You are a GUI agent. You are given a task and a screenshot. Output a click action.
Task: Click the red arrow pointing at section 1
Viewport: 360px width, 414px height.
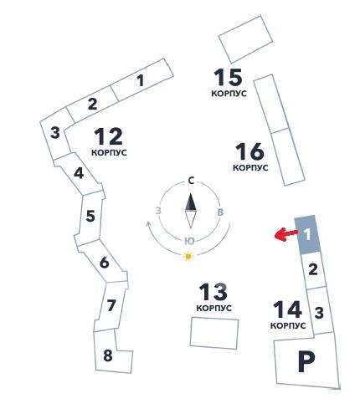[x=285, y=234]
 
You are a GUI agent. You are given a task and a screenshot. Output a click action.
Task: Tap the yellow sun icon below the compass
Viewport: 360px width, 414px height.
[x=188, y=256]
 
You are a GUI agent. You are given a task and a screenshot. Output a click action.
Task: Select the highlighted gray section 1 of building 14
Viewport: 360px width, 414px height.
[x=307, y=234]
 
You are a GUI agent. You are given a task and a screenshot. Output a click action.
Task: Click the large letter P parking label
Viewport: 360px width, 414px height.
[x=306, y=361]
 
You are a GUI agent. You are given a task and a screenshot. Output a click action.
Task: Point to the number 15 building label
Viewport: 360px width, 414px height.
[x=228, y=77]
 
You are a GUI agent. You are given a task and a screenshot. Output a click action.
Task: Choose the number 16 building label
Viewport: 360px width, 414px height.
[x=249, y=151]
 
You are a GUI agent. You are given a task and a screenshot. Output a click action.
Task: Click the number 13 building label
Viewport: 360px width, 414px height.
[x=213, y=292]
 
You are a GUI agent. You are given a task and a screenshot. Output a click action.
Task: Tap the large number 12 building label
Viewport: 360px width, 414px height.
[x=108, y=136]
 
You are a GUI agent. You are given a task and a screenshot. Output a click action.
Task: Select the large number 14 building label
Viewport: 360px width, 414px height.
[x=287, y=309]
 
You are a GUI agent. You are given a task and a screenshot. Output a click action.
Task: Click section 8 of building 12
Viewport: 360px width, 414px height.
[x=108, y=355]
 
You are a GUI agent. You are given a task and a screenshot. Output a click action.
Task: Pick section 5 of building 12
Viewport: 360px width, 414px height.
[x=90, y=216]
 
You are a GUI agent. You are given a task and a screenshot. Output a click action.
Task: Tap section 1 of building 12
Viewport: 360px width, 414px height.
[x=141, y=80]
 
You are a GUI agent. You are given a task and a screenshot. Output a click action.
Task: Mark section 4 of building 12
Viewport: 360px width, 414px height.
[x=79, y=173]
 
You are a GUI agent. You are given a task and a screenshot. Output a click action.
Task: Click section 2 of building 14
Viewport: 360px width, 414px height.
[x=313, y=269]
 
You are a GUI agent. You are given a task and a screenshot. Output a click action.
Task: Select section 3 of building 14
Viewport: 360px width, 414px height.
[x=319, y=313]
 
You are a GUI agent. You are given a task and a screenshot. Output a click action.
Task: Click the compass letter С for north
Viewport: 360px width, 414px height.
[x=191, y=181]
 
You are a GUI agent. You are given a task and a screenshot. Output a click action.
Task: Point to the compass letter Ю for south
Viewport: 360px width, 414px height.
[x=189, y=242]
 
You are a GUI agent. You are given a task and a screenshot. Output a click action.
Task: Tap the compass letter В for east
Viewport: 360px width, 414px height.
[x=220, y=212]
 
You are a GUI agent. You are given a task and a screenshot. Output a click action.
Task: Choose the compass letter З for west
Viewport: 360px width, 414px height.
[x=158, y=211]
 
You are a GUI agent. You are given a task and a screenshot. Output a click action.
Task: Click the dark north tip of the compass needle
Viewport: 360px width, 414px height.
[x=191, y=193]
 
